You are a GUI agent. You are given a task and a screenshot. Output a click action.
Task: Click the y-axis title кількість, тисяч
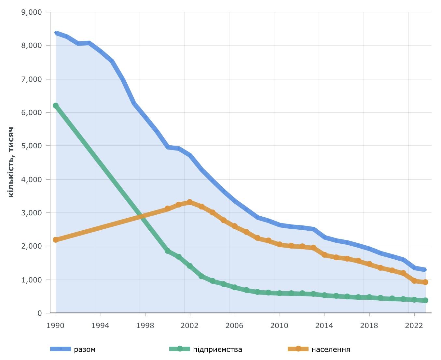[x=11, y=162]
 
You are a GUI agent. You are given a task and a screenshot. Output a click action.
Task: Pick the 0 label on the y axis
[x=40, y=313]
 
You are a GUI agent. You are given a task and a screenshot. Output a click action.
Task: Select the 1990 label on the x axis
[x=56, y=325]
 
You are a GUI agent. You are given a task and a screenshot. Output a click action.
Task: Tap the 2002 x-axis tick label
[x=190, y=325]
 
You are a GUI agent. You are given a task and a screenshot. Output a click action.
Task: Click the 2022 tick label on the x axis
[x=414, y=325]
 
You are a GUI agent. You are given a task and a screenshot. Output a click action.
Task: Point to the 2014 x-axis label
[x=324, y=325]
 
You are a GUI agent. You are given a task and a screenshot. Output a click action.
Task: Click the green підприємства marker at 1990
[x=56, y=106]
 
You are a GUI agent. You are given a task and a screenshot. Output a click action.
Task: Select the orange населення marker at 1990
[x=56, y=240]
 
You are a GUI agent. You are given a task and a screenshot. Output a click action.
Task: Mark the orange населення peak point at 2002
[x=190, y=202]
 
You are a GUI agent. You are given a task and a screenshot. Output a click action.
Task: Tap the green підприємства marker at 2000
[x=168, y=251]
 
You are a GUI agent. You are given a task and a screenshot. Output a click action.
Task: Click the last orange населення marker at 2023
[x=425, y=282]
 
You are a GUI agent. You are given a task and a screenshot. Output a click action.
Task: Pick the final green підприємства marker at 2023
[x=425, y=300]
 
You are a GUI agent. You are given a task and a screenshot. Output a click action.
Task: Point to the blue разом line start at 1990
[x=56, y=33]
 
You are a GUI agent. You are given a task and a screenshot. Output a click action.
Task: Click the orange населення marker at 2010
[x=280, y=244]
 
